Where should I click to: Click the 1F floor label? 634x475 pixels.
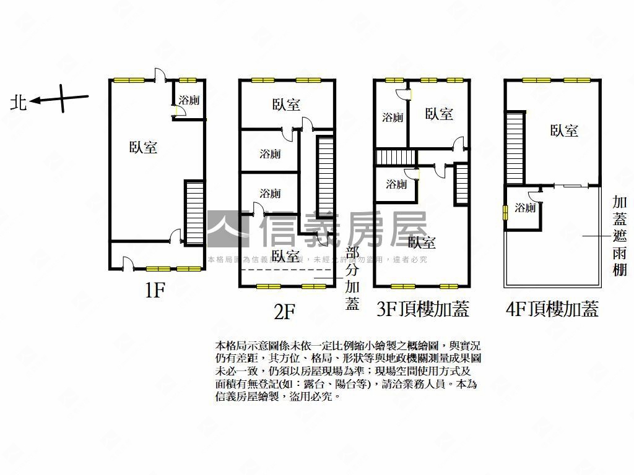point(154,291)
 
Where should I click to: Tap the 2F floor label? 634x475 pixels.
point(284,312)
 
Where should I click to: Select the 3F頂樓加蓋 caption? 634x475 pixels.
point(423,309)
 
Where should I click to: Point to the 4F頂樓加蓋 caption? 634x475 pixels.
point(552,309)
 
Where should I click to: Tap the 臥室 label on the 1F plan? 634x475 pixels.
point(143,147)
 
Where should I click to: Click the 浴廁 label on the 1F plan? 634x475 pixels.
point(188,100)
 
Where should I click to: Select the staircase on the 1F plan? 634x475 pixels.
point(194,212)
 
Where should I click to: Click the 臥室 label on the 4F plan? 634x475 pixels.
point(564,131)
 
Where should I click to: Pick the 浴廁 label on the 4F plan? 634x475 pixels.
point(524,208)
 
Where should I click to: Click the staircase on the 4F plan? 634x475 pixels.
point(515,147)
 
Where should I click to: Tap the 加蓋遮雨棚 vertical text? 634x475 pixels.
point(619,236)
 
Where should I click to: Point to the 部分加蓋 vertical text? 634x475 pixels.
point(352,278)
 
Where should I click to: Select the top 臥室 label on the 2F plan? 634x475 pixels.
point(286,105)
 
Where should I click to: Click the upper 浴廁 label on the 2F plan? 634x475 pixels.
point(270,153)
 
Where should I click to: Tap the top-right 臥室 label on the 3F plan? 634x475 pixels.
point(439,114)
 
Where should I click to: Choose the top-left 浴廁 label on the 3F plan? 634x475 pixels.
point(393,117)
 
